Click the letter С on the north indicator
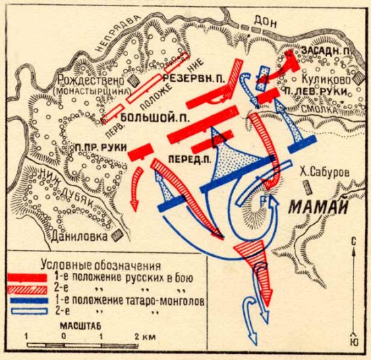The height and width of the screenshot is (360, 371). pos(354,241)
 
